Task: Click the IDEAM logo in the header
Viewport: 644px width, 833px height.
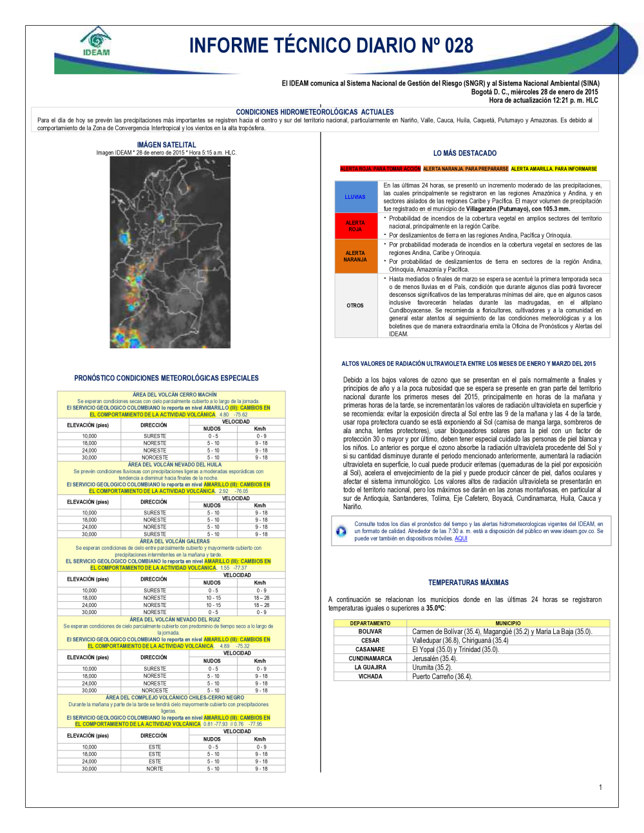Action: pyautogui.click(x=96, y=42)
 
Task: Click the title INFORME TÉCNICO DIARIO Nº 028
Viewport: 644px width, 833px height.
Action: pyautogui.click(x=331, y=46)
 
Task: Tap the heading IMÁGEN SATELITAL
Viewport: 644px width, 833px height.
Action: pyautogui.click(x=166, y=145)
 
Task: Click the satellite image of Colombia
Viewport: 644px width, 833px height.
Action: pyautogui.click(x=170, y=252)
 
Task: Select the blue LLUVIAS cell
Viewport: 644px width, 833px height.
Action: pyautogui.click(x=355, y=197)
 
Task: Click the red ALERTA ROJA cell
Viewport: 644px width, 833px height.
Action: pyautogui.click(x=355, y=226)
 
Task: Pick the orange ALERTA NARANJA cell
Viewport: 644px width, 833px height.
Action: pyautogui.click(x=355, y=256)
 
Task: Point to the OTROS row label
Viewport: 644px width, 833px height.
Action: pyautogui.click(x=355, y=306)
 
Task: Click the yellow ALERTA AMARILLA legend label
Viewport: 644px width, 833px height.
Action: pyautogui.click(x=554, y=169)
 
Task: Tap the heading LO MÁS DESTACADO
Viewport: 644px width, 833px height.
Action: pyautogui.click(x=465, y=153)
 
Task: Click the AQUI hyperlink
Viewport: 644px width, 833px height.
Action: pyautogui.click(x=461, y=539)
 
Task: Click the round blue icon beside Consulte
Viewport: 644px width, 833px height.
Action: pyautogui.click(x=341, y=531)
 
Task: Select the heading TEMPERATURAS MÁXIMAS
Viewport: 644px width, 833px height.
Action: pyautogui.click(x=468, y=583)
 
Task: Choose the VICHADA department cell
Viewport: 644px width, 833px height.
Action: pyautogui.click(x=370, y=677)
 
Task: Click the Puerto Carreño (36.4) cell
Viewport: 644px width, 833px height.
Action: pyautogui.click(x=442, y=677)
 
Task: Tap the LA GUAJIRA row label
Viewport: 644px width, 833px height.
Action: pyautogui.click(x=370, y=668)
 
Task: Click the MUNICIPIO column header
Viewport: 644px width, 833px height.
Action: pyautogui.click(x=508, y=623)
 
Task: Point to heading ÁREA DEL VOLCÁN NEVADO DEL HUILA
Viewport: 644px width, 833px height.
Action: pyautogui.click(x=175, y=464)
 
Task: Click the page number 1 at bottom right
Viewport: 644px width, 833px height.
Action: pyautogui.click(x=600, y=787)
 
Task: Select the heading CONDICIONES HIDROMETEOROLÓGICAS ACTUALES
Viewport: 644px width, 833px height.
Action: pyautogui.click(x=315, y=112)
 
